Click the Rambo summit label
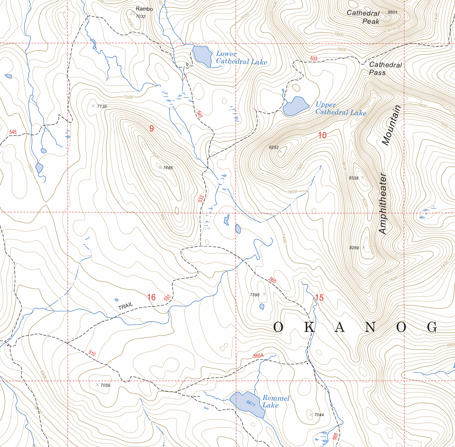[x=144, y=9]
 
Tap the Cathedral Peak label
[x=363, y=17]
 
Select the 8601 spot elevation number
[x=392, y=12]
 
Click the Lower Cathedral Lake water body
[x=202, y=56]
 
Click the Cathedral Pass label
[x=385, y=69]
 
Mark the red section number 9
[x=152, y=129]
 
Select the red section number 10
[x=322, y=135]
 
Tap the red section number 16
[x=151, y=297]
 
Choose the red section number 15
[x=319, y=297]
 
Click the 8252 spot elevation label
[x=274, y=148]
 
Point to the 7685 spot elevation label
[x=168, y=168]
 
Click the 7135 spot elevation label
[x=102, y=106]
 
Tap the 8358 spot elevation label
[x=353, y=178]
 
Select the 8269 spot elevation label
[x=354, y=248]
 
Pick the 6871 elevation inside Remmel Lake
[x=251, y=403]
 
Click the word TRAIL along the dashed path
[x=126, y=306]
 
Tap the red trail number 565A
[x=258, y=356]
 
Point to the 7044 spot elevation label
[x=319, y=415]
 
